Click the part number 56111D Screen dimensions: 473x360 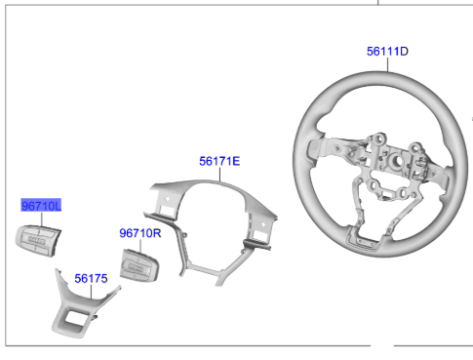click(x=387, y=52)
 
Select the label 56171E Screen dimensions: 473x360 click(x=219, y=161)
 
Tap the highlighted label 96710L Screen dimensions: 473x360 click(x=41, y=206)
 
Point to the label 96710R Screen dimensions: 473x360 click(x=140, y=233)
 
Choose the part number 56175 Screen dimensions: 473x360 click(x=91, y=278)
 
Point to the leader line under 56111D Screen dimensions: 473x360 click(x=388, y=64)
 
